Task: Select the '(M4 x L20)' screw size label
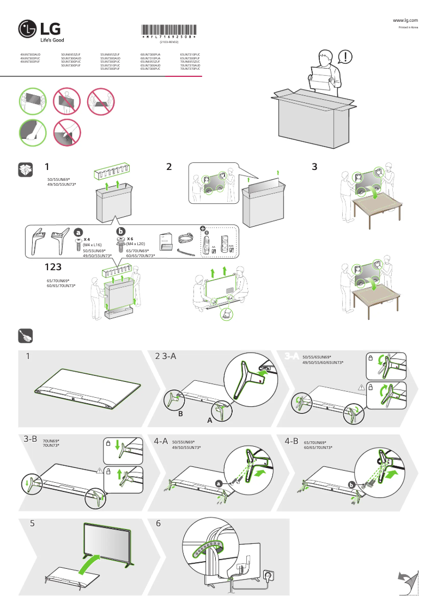point(135,244)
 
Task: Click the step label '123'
point(57,267)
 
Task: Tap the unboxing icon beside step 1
point(25,169)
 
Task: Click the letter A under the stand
point(209,421)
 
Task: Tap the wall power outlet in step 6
point(268,575)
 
